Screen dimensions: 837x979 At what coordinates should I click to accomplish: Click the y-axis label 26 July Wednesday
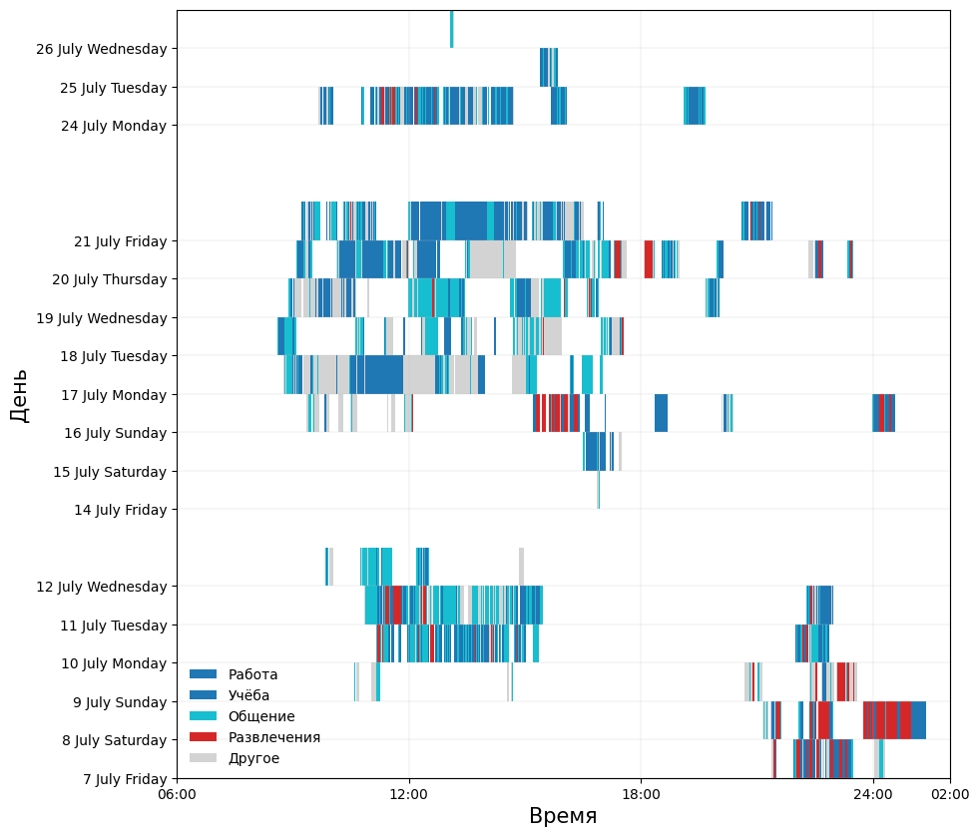(x=101, y=49)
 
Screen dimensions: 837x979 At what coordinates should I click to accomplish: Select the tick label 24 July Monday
(x=113, y=126)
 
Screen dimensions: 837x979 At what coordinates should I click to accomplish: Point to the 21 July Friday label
(x=120, y=241)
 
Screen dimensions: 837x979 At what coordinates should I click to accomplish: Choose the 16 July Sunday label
(x=115, y=433)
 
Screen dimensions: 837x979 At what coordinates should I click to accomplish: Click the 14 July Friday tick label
(x=120, y=510)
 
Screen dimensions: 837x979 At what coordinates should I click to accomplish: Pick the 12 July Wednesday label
(x=101, y=587)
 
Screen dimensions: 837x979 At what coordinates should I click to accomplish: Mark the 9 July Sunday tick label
(x=120, y=702)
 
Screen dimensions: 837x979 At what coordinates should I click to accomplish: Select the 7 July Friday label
(x=125, y=779)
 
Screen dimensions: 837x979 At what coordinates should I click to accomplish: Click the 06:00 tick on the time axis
(x=177, y=795)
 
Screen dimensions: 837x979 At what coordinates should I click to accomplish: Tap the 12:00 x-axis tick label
(x=409, y=795)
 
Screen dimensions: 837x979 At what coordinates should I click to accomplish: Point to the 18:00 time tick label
(x=641, y=795)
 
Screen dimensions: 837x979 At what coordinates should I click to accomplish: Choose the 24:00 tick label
(x=873, y=795)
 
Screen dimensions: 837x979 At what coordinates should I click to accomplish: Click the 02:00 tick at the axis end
(x=950, y=795)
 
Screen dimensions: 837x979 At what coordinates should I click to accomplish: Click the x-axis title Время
(x=563, y=816)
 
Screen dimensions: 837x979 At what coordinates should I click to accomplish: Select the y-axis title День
(x=20, y=395)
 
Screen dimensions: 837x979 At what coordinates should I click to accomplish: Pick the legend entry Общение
(x=261, y=716)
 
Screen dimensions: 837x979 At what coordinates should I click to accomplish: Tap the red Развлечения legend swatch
(x=203, y=737)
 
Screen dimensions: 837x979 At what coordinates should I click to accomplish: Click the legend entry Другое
(x=253, y=758)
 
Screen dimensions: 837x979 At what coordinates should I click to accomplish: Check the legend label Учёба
(x=248, y=695)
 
